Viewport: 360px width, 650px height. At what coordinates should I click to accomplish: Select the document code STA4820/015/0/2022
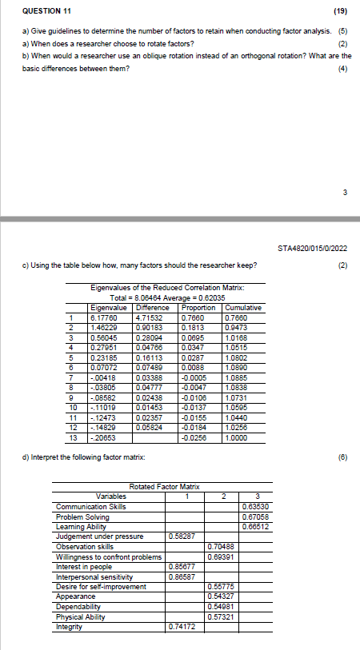(x=318, y=247)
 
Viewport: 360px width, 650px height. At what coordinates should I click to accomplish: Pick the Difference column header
(x=152, y=307)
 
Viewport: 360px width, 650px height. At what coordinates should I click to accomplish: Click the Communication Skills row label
(x=90, y=506)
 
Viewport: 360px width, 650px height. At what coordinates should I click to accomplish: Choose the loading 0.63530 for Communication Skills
(x=255, y=506)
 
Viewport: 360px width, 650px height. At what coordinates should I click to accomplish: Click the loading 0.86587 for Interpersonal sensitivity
(x=183, y=576)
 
